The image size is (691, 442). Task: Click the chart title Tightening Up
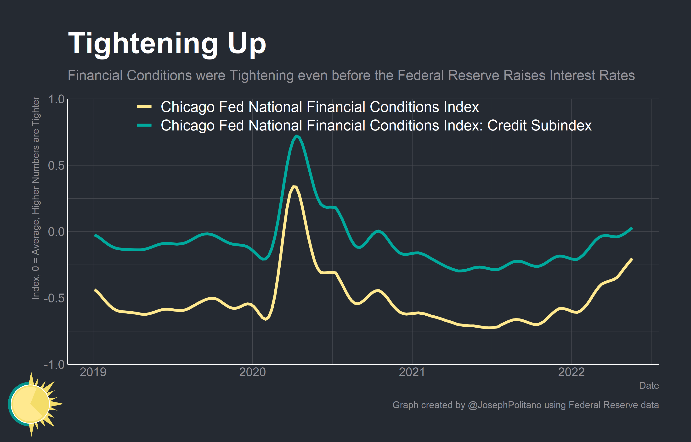(167, 44)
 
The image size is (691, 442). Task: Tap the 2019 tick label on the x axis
(93, 372)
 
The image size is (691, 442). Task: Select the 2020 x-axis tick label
(253, 372)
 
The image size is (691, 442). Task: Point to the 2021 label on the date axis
(412, 372)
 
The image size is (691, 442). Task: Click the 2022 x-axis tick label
(571, 372)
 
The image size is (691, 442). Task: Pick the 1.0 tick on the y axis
(56, 100)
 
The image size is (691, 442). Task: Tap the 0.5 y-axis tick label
(56, 165)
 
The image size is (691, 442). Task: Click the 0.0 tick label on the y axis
(56, 232)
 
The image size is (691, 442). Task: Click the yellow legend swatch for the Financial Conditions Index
(144, 107)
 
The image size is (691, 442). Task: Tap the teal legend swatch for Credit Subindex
(144, 125)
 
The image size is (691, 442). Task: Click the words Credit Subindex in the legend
(539, 125)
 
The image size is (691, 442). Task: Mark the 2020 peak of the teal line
(296, 136)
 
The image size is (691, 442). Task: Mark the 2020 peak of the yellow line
(294, 187)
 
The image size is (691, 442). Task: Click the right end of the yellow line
(632, 259)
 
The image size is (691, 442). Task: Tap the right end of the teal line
(632, 228)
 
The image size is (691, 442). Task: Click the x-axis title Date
(649, 385)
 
